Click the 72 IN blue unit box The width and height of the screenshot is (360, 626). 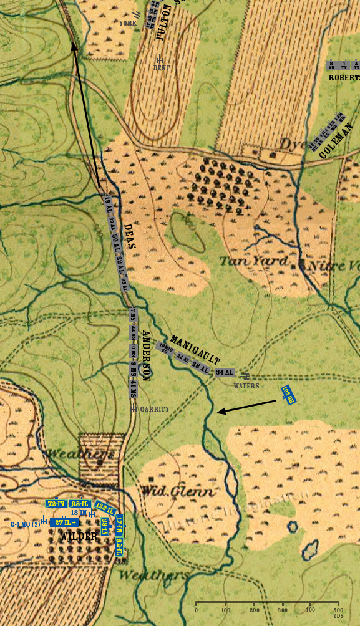pyautogui.click(x=56, y=503)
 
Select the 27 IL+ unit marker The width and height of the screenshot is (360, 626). pyautogui.click(x=65, y=522)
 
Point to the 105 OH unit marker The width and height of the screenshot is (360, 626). pyautogui.click(x=287, y=394)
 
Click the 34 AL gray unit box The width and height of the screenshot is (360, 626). pyautogui.click(x=224, y=372)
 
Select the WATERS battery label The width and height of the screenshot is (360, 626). pyautogui.click(x=246, y=386)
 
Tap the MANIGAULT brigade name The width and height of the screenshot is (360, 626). pyautogui.click(x=195, y=350)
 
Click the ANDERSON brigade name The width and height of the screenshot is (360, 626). pyautogui.click(x=147, y=355)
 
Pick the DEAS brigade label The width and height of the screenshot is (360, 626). pyautogui.click(x=129, y=237)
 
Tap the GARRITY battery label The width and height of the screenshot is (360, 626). pyautogui.click(x=154, y=409)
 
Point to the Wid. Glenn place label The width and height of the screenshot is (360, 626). pyautogui.click(x=179, y=491)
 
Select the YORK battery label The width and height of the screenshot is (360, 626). pyautogui.click(x=128, y=22)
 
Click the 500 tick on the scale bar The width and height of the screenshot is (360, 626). pyautogui.click(x=338, y=604)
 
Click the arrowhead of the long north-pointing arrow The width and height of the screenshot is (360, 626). pyautogui.click(x=73, y=44)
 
